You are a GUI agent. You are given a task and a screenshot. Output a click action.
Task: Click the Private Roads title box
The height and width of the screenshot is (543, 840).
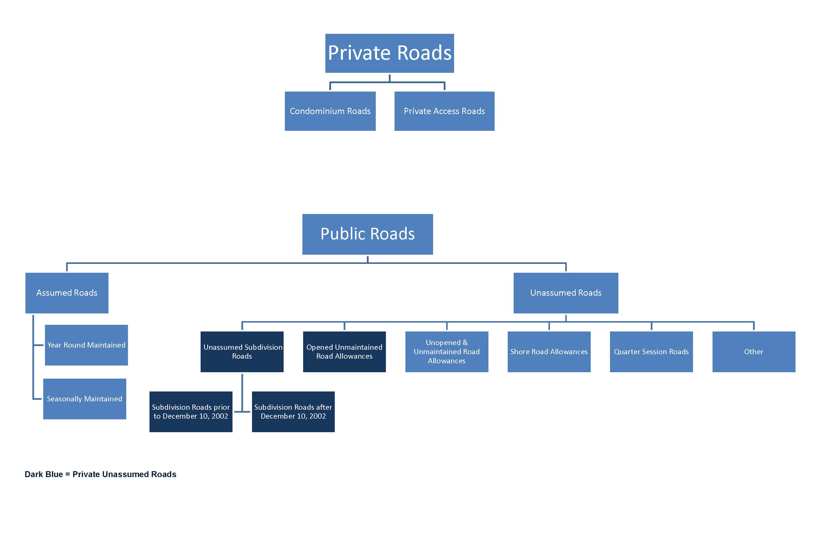[389, 53]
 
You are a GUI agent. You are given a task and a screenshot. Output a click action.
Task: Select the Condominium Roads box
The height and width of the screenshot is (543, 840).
[330, 111]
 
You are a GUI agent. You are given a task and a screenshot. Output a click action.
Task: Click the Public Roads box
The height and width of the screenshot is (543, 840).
[367, 234]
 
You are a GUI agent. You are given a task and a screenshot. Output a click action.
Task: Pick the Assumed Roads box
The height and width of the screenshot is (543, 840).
[67, 293]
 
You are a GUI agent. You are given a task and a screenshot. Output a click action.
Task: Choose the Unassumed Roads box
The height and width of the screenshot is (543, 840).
[566, 293]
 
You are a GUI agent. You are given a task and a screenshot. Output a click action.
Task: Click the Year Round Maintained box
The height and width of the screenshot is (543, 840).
[86, 345]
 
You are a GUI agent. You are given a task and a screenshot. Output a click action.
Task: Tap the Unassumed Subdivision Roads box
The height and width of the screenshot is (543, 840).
[242, 351]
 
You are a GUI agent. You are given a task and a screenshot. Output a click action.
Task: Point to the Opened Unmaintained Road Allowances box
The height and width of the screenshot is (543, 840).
[344, 351]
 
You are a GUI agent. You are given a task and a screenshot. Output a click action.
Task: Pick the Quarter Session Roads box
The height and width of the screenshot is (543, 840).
[651, 351]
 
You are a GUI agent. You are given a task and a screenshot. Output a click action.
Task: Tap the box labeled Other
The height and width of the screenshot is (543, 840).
[754, 351]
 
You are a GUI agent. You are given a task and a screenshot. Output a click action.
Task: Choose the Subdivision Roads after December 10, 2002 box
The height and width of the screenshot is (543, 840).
[293, 411]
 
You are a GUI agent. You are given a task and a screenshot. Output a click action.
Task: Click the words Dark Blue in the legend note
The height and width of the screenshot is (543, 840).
[43, 474]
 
